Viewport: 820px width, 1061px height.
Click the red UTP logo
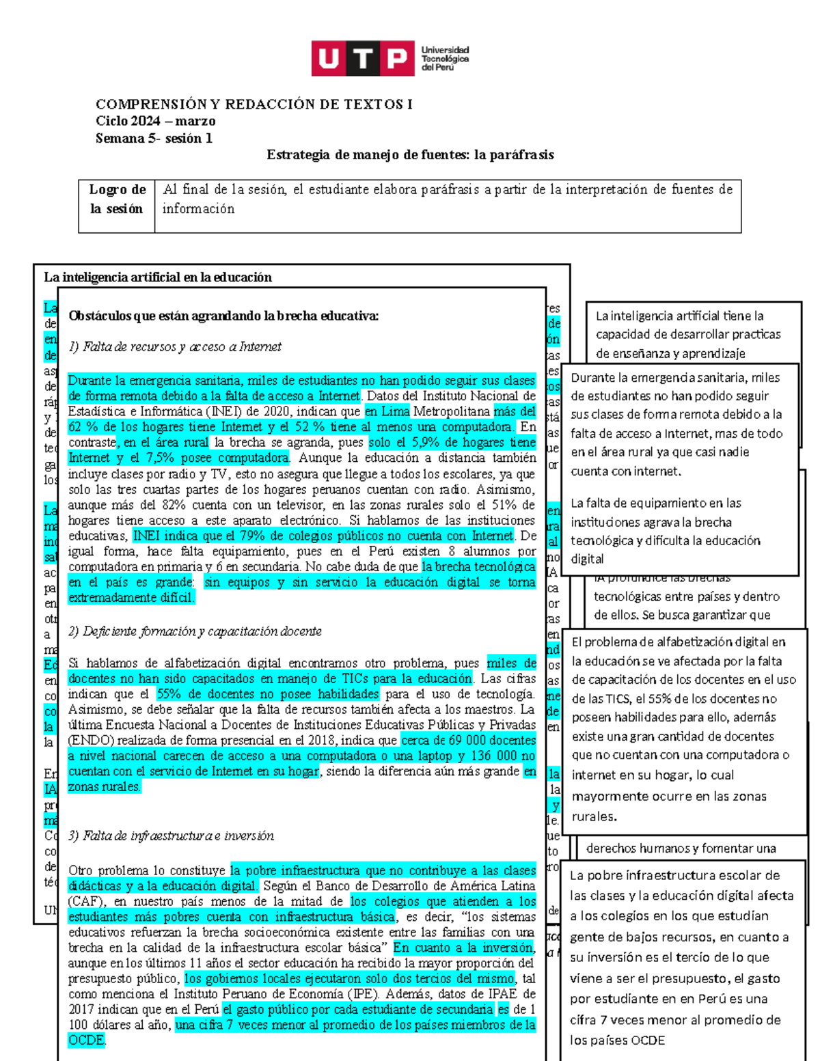[x=363, y=59]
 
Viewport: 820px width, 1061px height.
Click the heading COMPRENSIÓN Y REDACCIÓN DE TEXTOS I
[x=254, y=105]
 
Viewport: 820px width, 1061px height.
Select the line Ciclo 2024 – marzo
[x=155, y=122]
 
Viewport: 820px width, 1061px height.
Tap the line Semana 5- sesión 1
[x=154, y=139]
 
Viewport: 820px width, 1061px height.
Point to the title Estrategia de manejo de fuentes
[x=410, y=155]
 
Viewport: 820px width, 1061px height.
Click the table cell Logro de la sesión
[x=117, y=199]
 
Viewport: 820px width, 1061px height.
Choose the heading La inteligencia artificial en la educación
[x=158, y=277]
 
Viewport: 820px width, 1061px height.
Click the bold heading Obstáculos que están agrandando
[x=223, y=316]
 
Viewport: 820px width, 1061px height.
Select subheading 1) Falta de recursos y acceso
[x=175, y=347]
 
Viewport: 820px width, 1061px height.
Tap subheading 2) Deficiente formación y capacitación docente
[x=195, y=632]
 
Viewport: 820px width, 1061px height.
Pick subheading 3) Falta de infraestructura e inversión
[x=171, y=836]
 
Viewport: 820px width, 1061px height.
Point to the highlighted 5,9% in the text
[x=425, y=443]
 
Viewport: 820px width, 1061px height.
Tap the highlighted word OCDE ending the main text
[x=86, y=1041]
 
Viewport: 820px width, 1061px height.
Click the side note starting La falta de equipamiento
[x=666, y=531]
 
